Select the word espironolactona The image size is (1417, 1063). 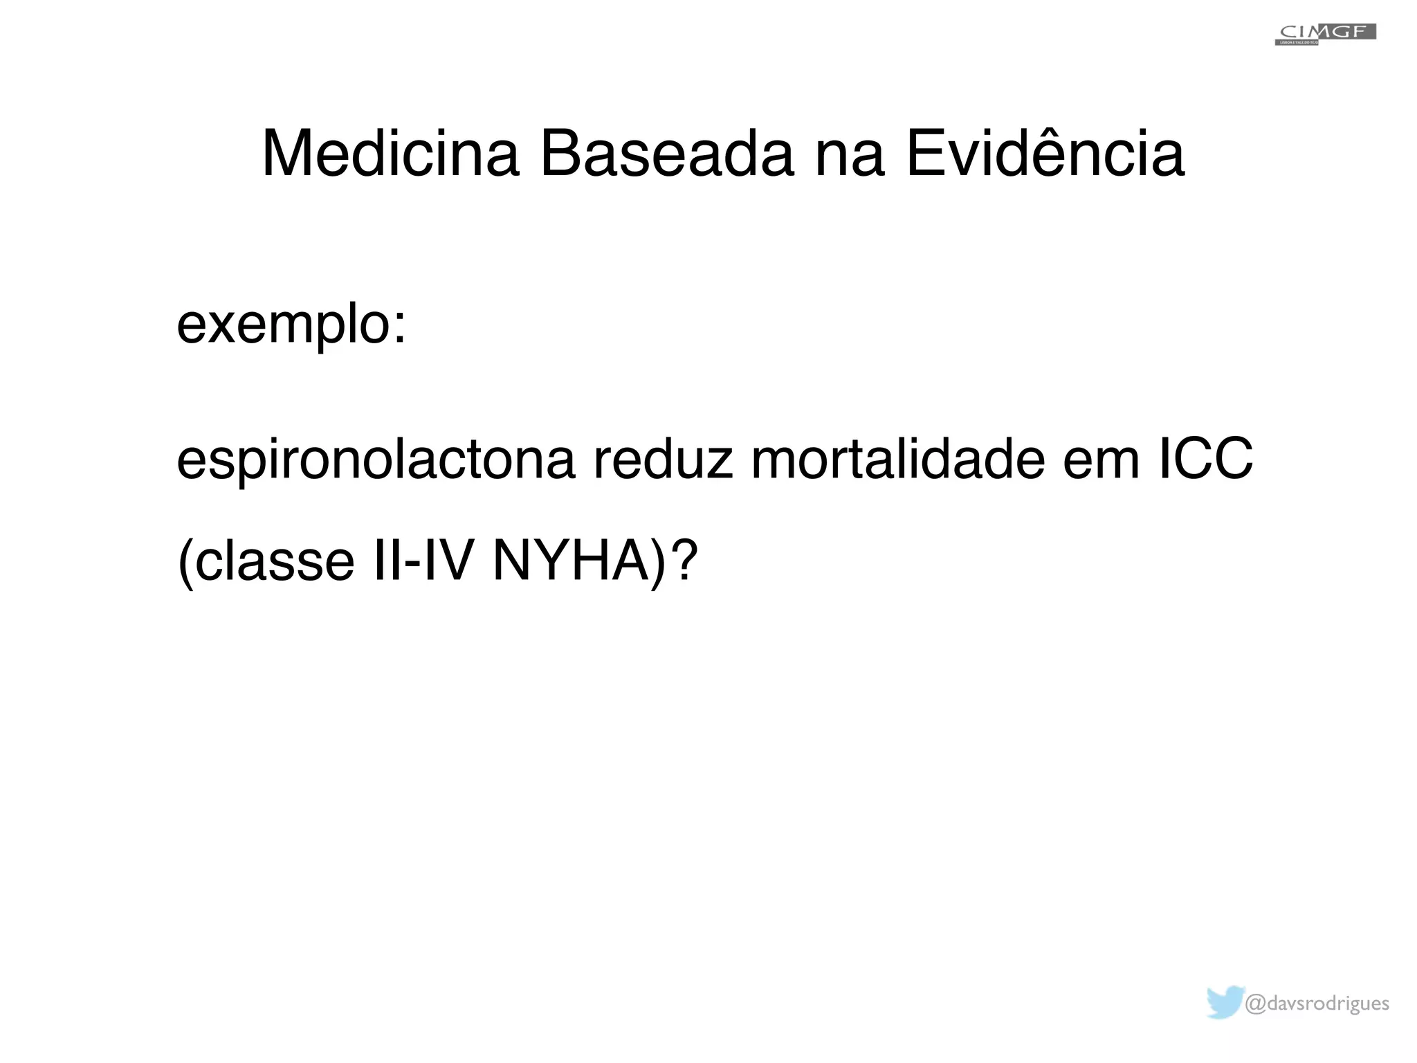(376, 460)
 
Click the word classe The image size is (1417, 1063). (275, 561)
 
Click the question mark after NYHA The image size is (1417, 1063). (684, 560)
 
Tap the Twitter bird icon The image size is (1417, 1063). (1225, 1003)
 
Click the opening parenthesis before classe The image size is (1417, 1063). (184, 561)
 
